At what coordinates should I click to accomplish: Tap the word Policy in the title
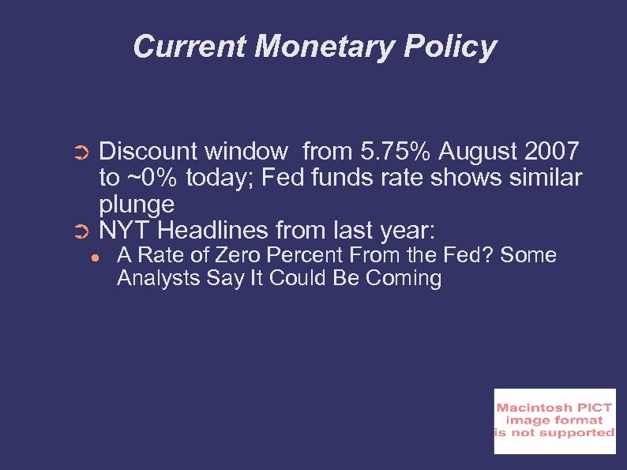pyautogui.click(x=450, y=47)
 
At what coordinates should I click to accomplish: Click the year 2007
pyautogui.click(x=550, y=150)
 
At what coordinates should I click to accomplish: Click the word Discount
pyautogui.click(x=149, y=150)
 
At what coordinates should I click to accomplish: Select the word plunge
pyautogui.click(x=137, y=205)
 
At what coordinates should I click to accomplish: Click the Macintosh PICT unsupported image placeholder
pyautogui.click(x=554, y=421)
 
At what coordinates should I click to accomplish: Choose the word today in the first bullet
pyautogui.click(x=222, y=178)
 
